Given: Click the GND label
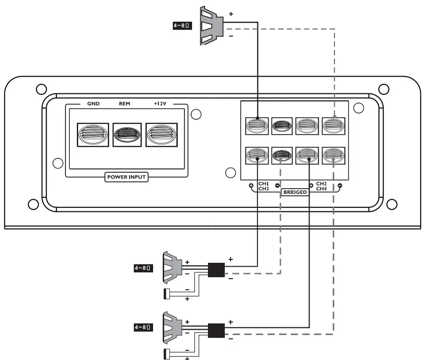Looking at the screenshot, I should [93, 103].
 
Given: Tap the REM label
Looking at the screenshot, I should [125, 103].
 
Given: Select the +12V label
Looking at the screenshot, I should [160, 103].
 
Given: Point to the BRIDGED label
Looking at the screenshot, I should [295, 192].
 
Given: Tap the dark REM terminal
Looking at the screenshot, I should [127, 135].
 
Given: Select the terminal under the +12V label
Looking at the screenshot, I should [162, 134].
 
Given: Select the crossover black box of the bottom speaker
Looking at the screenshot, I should [216, 330].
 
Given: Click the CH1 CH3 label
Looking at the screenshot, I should [263, 186].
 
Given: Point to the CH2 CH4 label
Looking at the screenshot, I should [321, 186].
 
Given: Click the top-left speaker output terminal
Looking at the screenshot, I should [257, 126].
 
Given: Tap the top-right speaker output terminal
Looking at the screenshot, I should [334, 126].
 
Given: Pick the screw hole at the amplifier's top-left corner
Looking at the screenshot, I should [41, 89].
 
